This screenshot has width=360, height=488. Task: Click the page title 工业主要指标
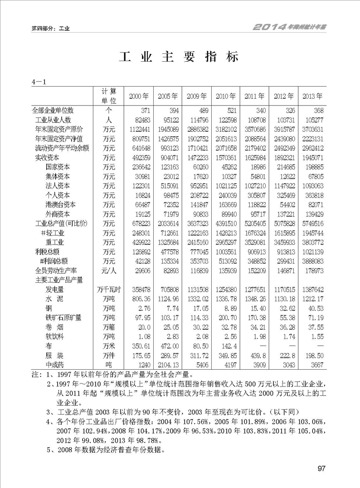[179, 58]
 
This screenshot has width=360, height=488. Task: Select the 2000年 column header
[139, 97]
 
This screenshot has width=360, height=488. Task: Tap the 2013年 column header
[313, 97]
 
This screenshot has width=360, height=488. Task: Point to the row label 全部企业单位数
[53, 111]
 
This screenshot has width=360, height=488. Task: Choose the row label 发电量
[54, 289]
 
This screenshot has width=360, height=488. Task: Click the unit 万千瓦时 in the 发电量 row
[108, 289]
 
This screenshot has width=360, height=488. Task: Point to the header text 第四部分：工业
[50, 29]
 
